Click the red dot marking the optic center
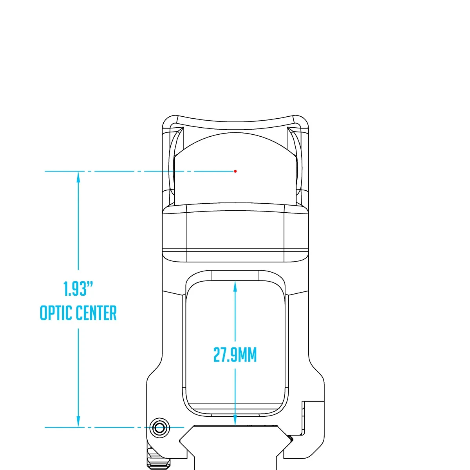tap(235, 171)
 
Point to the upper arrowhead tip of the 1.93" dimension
tap(78, 172)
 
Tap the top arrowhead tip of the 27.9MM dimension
tap(235, 281)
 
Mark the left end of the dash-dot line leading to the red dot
tap(45, 171)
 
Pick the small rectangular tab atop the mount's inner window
tap(235, 275)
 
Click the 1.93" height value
tap(78, 289)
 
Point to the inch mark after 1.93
tap(90, 284)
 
